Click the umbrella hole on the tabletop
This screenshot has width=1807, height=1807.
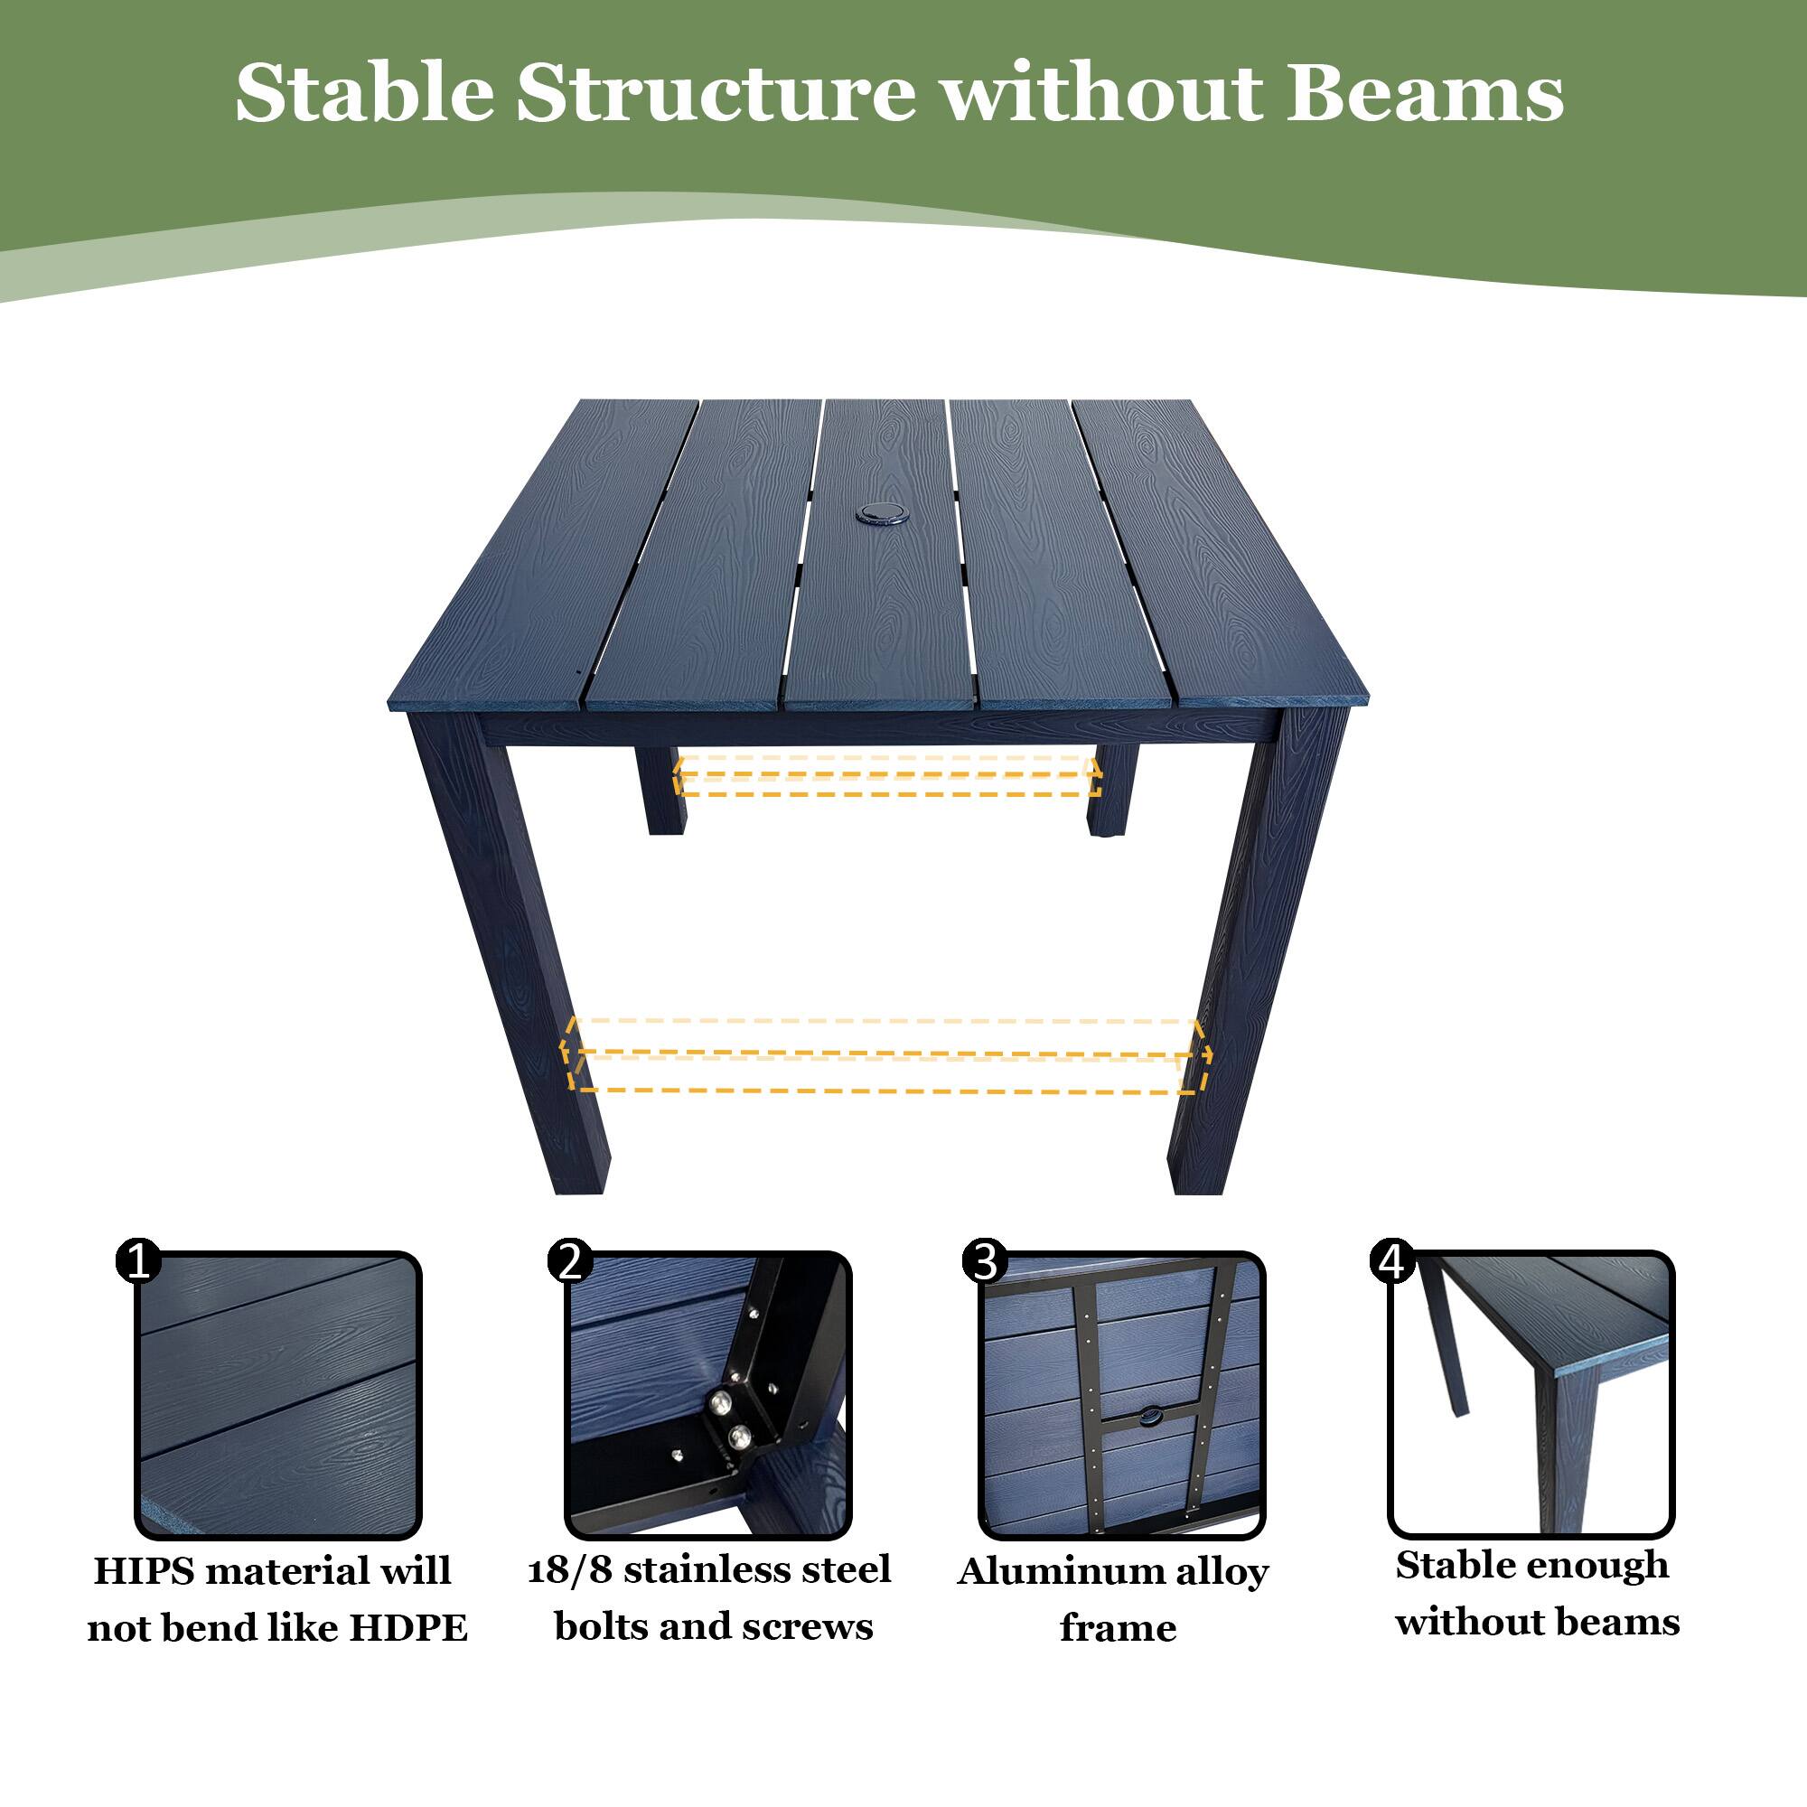click(x=876, y=512)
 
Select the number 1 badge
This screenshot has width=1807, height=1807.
click(x=138, y=1261)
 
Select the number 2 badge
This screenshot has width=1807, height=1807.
click(x=569, y=1260)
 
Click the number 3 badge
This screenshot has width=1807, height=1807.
click(x=985, y=1260)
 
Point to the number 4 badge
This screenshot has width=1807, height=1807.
click(x=1391, y=1261)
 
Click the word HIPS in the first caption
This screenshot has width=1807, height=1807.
click(x=142, y=1571)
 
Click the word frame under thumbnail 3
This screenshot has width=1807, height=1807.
click(x=1118, y=1628)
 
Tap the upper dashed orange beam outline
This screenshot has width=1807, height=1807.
click(x=886, y=776)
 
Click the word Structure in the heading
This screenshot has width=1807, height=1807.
click(x=716, y=94)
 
